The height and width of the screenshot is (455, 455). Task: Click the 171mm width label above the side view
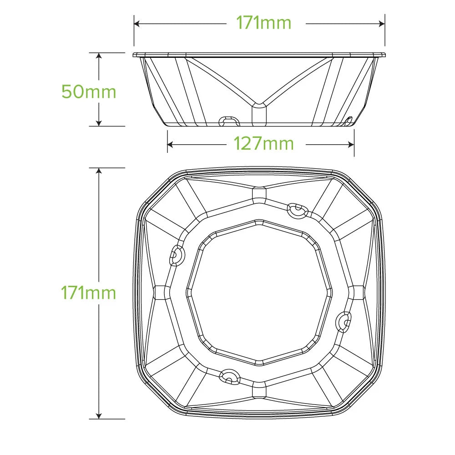coord(263,23)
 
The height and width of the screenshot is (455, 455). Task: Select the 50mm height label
coord(89,92)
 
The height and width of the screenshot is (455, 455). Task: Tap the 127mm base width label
coord(263,144)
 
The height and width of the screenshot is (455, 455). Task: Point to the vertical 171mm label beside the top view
coord(89,293)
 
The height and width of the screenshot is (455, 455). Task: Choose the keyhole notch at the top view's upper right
coord(297,210)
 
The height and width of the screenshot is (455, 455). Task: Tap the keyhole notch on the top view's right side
coord(344,321)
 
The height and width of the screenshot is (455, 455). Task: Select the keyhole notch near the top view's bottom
coord(229,375)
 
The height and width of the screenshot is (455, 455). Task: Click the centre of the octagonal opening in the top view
coord(259,293)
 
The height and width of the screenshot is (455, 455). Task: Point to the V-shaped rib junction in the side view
coord(259,106)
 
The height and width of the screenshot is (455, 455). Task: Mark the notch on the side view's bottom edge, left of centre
coord(228,121)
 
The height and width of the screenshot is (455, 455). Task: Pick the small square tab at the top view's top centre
coord(259,193)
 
